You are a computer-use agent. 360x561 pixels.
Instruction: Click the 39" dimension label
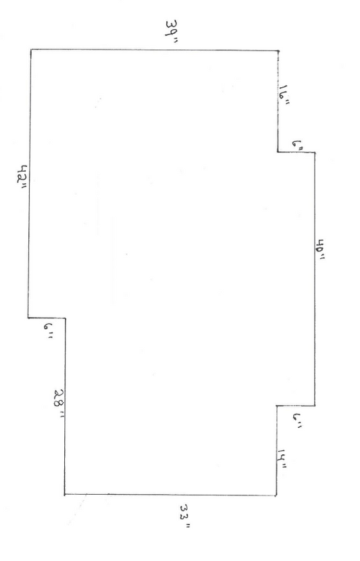(172, 32)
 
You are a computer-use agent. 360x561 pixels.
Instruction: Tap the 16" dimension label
(284, 95)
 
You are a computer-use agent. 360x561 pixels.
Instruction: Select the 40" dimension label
(320, 249)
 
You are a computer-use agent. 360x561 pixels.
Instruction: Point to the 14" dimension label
(283, 458)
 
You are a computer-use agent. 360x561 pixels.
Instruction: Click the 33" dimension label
(185, 516)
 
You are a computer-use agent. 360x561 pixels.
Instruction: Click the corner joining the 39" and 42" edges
(31, 49)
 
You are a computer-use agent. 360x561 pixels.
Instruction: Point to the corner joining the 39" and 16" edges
(278, 51)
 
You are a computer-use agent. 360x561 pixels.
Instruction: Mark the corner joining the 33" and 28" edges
(65, 495)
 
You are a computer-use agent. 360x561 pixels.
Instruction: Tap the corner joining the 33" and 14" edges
(276, 495)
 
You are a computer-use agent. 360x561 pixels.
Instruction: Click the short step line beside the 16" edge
(296, 152)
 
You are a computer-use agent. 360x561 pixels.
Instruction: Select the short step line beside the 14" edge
(296, 406)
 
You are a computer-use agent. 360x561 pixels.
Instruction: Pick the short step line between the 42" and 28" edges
(47, 318)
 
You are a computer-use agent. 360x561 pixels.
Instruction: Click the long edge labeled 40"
(315, 279)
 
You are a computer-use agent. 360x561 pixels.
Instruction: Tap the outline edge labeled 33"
(170, 495)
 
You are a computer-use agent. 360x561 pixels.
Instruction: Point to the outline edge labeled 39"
(155, 50)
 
